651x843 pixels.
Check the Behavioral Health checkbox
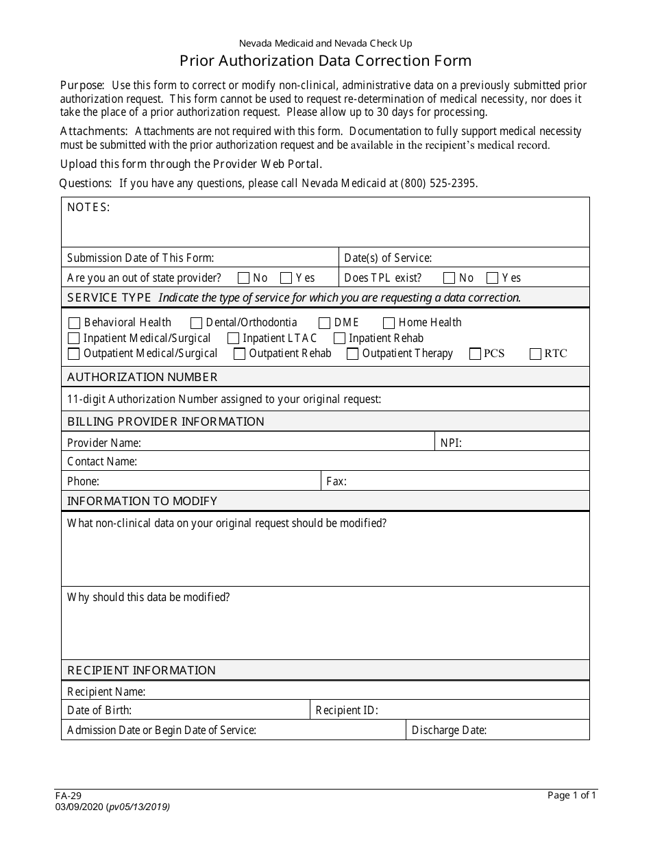coord(74,323)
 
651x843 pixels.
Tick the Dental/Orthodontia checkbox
coord(196,323)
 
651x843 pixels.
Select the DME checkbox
coord(325,323)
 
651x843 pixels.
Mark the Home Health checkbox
coord(389,323)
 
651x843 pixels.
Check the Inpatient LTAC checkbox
coord(233,339)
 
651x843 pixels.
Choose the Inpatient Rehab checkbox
coord(339,339)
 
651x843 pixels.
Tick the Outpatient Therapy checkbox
coord(352,354)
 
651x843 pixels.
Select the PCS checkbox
coord(475,354)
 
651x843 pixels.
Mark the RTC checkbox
coord(535,354)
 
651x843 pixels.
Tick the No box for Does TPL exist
coord(449,278)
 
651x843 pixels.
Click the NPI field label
coord(451,443)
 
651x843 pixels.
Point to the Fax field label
coord(336,482)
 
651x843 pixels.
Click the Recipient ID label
coord(346,711)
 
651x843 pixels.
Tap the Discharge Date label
coord(449,731)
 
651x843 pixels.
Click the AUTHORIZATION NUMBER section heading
coord(142,377)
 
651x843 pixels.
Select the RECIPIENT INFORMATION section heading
coord(141,670)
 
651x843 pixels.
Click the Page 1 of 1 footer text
coord(572,796)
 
